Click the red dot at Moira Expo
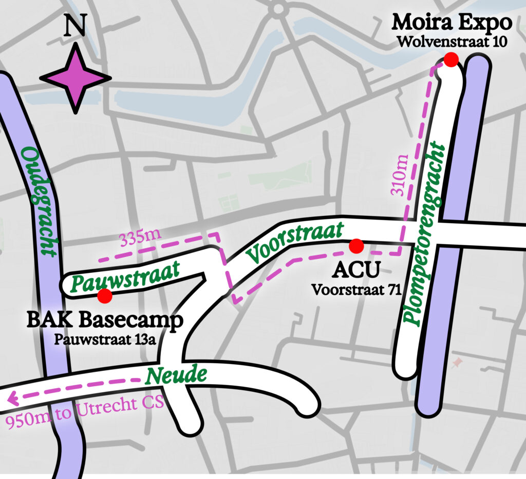tap(451, 60)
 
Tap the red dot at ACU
tap(356, 246)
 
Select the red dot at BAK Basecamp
tap(105, 295)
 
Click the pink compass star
tap(76, 78)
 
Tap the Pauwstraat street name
tap(125, 275)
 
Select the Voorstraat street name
tap(294, 243)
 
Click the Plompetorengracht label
tap(424, 234)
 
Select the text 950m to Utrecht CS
tap(85, 411)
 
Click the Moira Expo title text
tap(452, 23)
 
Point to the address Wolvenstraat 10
tap(452, 42)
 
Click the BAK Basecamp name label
tap(105, 322)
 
